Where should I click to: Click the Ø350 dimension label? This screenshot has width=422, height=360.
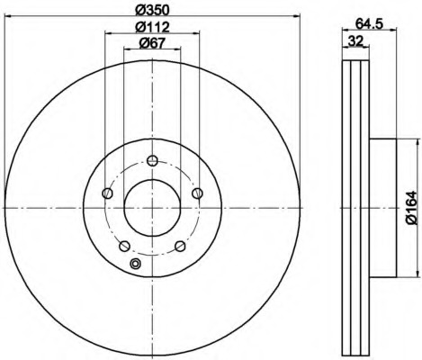point(152,10)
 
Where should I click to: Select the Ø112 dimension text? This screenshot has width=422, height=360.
point(152,27)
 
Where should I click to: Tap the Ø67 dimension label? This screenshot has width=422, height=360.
point(152,43)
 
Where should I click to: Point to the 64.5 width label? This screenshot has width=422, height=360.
point(370,23)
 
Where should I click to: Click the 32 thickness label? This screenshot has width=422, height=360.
point(355,40)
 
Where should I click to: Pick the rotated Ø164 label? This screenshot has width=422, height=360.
point(411,208)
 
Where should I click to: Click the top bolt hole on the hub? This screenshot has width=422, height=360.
point(152,161)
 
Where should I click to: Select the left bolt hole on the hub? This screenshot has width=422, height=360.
point(107,193)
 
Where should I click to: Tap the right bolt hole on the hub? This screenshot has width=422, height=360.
point(197,193)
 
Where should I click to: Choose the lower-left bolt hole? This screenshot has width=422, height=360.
point(124,247)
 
